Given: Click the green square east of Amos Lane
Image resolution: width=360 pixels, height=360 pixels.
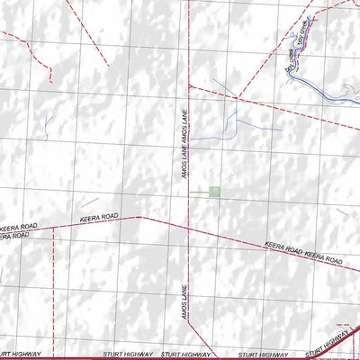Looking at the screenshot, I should click(x=213, y=191).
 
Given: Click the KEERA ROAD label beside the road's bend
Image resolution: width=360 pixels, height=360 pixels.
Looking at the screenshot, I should click(x=100, y=216).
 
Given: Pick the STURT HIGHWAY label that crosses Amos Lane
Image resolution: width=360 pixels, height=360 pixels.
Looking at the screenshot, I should click(x=184, y=354).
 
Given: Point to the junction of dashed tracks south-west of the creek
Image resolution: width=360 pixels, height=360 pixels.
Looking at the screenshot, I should click(x=237, y=98).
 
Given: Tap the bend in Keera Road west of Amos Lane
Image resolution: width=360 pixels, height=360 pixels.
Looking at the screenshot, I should click(x=139, y=217).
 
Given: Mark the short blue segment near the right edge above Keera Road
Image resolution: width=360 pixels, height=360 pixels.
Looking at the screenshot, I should click(x=343, y=211).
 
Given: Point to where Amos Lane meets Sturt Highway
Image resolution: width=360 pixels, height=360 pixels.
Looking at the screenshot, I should click(x=187, y=358).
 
